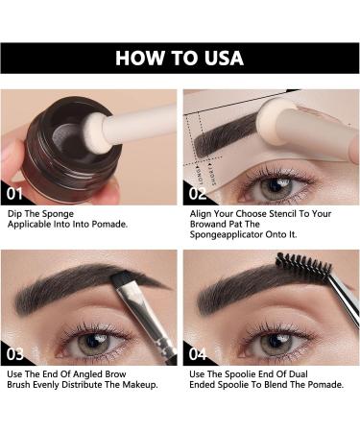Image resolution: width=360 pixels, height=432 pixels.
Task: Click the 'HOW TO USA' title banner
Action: coord(180,58)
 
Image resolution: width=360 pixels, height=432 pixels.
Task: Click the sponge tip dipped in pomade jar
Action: coord(95,135)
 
